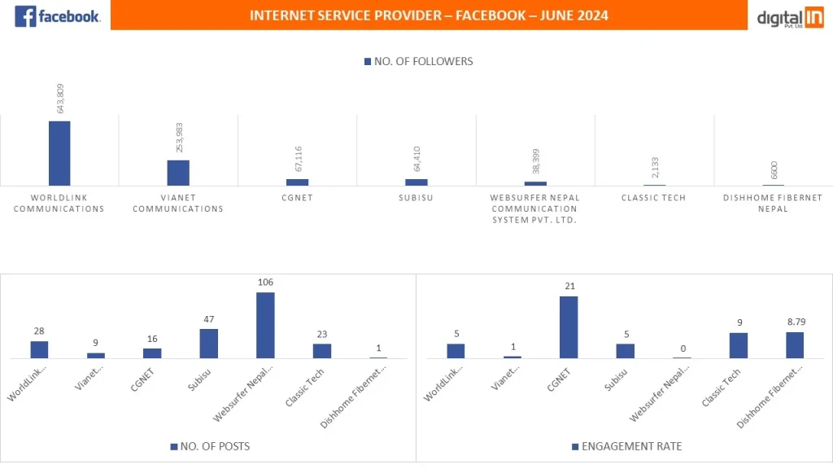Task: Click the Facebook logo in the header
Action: [57, 15]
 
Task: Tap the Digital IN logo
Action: [790, 17]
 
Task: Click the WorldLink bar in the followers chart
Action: [59, 153]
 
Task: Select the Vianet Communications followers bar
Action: [178, 173]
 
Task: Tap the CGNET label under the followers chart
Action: [297, 198]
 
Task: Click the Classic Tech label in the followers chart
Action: [653, 198]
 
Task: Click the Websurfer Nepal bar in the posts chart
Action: [265, 325]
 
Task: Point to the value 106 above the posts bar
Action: [265, 283]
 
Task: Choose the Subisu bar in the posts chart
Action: [209, 343]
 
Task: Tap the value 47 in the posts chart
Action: [209, 319]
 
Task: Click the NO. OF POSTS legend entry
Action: [210, 446]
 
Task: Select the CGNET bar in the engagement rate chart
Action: [569, 327]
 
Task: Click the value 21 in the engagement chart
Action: [569, 287]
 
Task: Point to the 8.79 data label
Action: [795, 322]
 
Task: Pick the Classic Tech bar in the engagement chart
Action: [738, 345]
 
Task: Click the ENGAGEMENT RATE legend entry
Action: [626, 446]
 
